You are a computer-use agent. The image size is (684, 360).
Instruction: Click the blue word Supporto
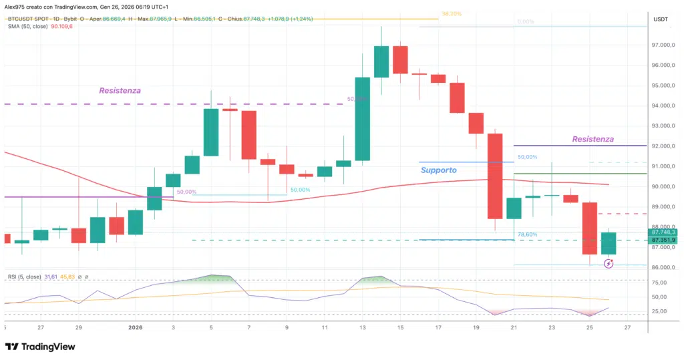point(439,170)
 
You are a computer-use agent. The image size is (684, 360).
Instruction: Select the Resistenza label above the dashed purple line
point(120,90)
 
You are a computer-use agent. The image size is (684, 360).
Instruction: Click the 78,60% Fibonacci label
point(527,234)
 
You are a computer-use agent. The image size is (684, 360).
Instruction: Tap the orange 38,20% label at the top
point(452,13)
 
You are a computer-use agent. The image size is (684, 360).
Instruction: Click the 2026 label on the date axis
point(135,328)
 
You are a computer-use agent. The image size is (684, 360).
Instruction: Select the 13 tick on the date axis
point(362,328)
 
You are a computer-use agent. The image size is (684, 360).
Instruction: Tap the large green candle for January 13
point(362,119)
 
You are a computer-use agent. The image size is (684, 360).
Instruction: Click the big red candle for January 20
point(495,176)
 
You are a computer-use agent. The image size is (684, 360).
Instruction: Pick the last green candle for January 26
point(609,244)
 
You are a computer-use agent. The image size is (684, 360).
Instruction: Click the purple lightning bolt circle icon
point(609,264)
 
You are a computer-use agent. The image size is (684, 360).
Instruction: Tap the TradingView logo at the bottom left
point(40,347)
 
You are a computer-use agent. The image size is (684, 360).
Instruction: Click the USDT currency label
point(661,19)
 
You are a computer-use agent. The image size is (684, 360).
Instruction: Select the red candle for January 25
point(589,228)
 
